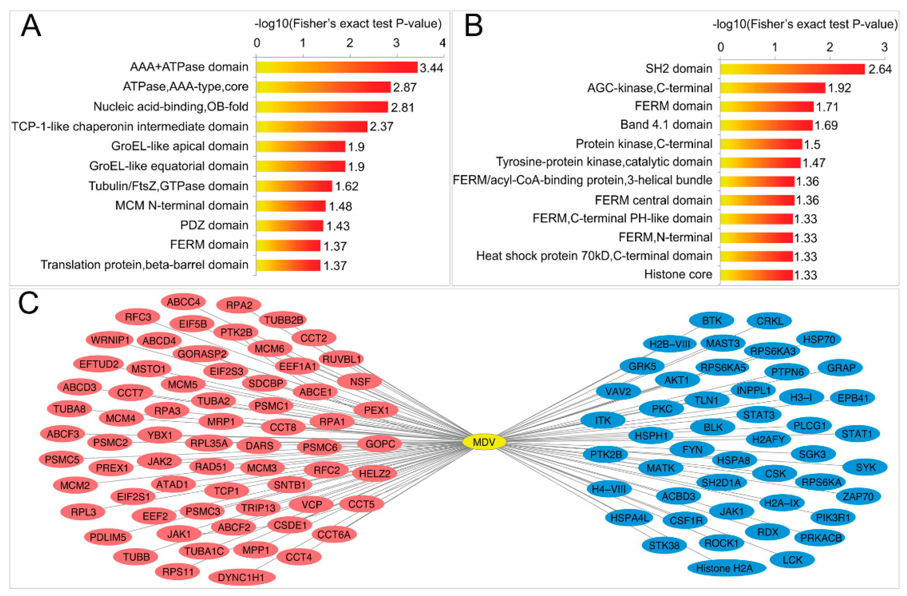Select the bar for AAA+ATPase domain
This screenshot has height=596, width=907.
click(x=336, y=67)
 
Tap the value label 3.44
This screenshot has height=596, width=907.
click(x=431, y=68)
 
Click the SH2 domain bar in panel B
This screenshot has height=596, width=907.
click(x=792, y=69)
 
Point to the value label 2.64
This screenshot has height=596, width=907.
click(x=880, y=69)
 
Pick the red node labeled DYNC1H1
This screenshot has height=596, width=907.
click(x=241, y=577)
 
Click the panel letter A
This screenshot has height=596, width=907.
click(x=30, y=26)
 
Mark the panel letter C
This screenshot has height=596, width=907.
click(x=28, y=303)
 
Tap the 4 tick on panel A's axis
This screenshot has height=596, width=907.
click(x=442, y=43)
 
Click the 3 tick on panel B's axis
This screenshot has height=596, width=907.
click(x=884, y=47)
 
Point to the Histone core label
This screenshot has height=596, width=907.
click(x=678, y=274)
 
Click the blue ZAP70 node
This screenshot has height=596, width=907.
click(x=858, y=496)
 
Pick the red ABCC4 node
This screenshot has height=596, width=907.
click(x=183, y=302)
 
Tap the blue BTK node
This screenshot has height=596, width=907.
click(x=711, y=321)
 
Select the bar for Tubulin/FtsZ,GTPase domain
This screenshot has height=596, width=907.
click(x=294, y=186)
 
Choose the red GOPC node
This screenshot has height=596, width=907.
click(x=380, y=444)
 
